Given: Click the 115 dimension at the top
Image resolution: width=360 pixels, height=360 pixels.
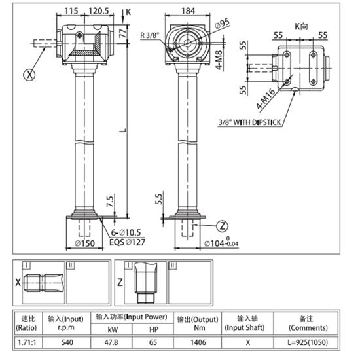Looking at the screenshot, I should pos(71,11).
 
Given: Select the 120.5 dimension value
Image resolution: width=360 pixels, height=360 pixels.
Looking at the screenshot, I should pos(98,11).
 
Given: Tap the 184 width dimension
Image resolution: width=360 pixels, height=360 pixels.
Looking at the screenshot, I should pos(188,11).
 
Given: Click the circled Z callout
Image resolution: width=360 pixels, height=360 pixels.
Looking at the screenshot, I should pos(223,226).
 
